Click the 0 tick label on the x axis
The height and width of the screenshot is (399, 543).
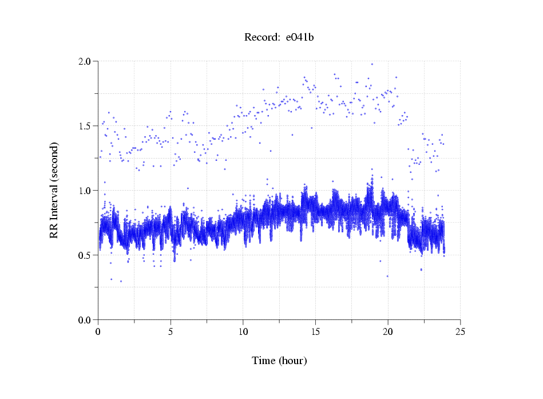[98, 331]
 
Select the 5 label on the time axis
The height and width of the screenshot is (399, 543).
[171, 331]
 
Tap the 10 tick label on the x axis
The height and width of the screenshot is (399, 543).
[243, 331]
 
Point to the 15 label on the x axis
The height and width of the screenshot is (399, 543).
[315, 331]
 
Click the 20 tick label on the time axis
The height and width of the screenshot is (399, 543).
[388, 331]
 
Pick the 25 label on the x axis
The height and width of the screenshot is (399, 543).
[460, 331]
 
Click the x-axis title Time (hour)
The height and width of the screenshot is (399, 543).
[279, 361]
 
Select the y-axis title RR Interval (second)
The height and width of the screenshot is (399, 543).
[54, 189]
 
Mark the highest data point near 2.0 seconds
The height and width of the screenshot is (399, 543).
[372, 64]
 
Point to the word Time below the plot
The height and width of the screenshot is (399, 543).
[263, 361]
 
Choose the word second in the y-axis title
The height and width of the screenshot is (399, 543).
[54, 158]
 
